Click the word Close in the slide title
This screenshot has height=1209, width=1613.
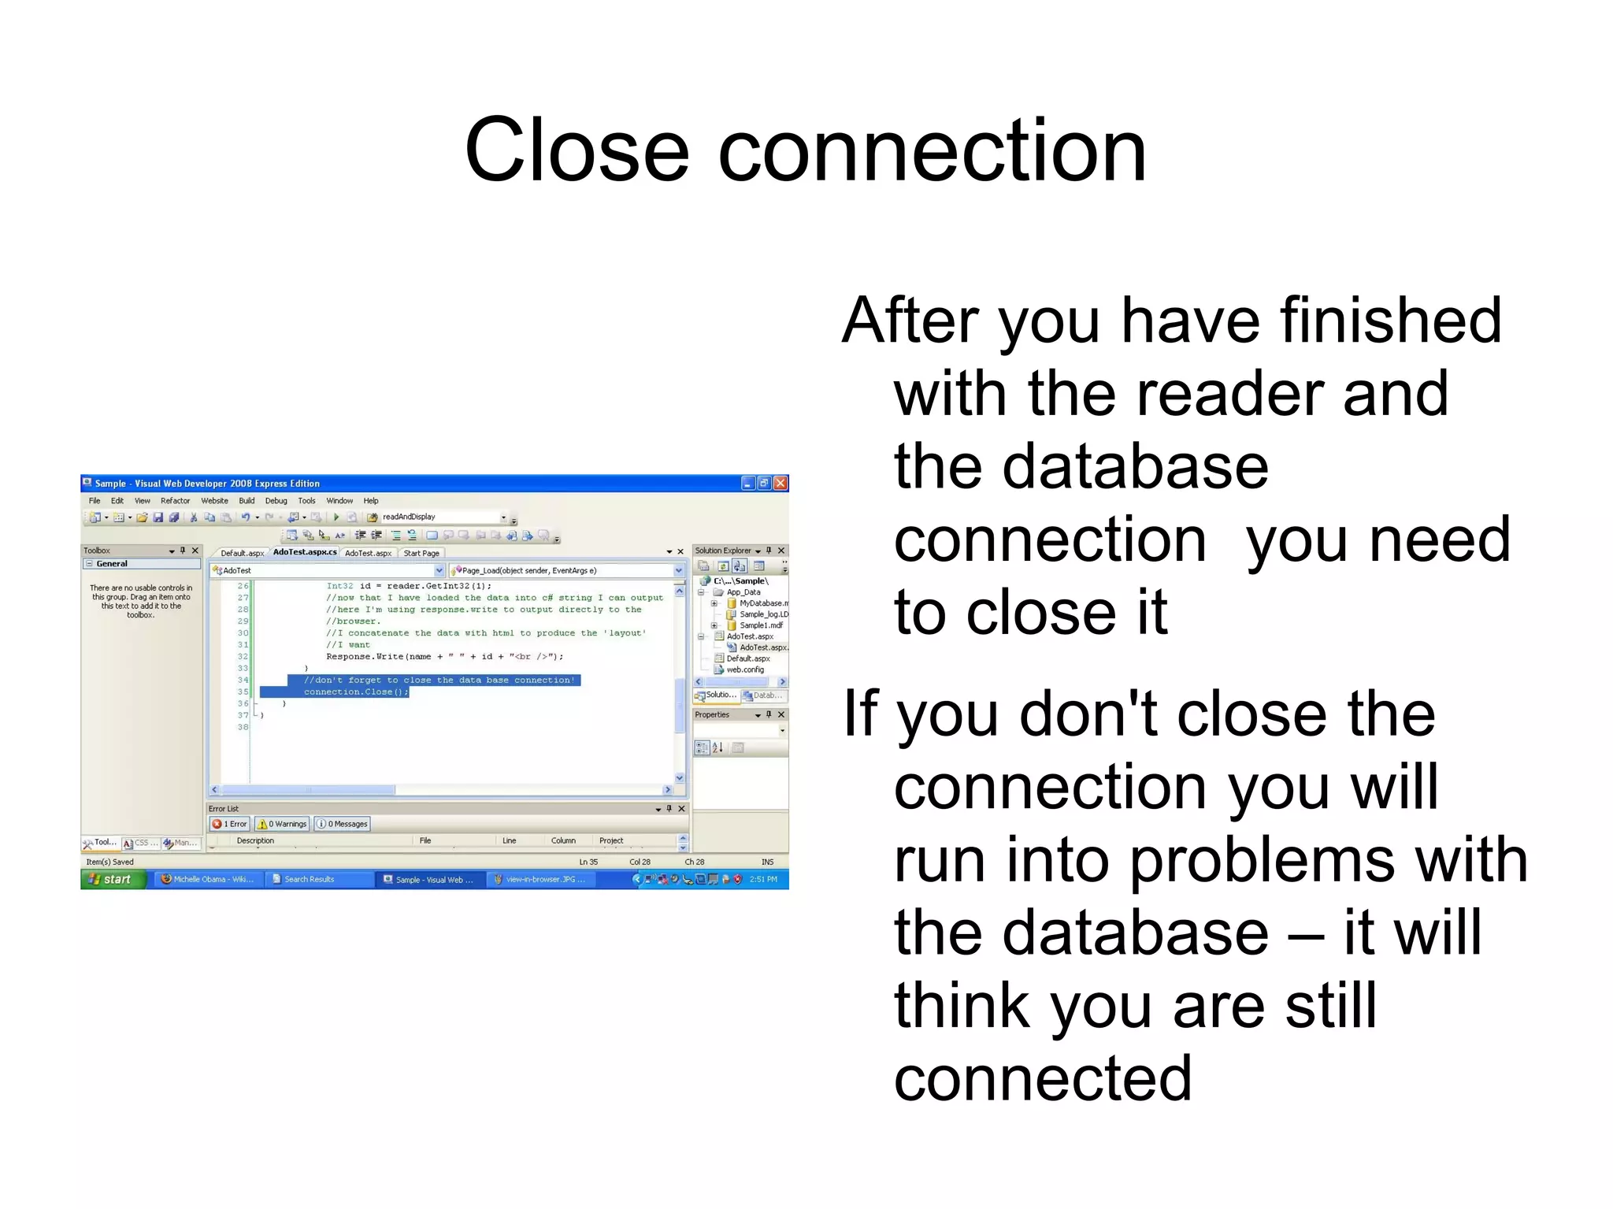(x=577, y=151)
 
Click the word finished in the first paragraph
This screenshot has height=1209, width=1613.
(x=1391, y=321)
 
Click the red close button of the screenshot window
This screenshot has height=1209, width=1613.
(x=781, y=483)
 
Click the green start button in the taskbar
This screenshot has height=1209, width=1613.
(x=113, y=879)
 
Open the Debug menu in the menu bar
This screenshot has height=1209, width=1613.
(x=276, y=501)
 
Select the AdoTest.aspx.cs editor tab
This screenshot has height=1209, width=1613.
(x=305, y=552)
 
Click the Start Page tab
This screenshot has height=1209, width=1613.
(x=421, y=553)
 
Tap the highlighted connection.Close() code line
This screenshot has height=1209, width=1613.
(x=356, y=692)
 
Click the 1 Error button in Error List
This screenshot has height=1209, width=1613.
(x=230, y=824)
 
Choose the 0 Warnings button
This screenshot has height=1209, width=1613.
(x=282, y=824)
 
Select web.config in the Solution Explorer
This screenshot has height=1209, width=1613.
(x=744, y=669)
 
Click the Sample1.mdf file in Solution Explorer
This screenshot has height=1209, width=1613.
(x=761, y=625)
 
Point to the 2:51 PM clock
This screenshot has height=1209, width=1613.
(x=762, y=879)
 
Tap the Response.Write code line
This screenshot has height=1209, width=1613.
(x=444, y=656)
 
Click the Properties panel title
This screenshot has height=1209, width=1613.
(x=712, y=714)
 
